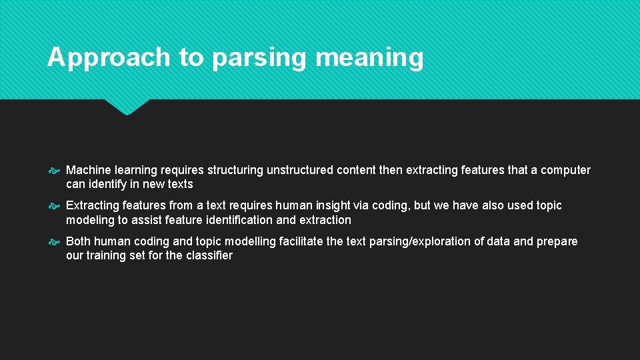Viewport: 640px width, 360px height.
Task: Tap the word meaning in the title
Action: point(369,58)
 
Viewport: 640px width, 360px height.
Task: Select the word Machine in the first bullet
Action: point(87,170)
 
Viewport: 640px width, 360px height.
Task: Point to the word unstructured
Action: point(300,170)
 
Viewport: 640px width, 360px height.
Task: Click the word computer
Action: point(565,170)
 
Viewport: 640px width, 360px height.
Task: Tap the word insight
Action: point(327,205)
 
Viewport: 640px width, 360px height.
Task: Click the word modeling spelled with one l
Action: point(90,220)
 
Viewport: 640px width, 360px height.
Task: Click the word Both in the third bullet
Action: point(79,241)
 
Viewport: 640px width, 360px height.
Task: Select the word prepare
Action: point(556,241)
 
